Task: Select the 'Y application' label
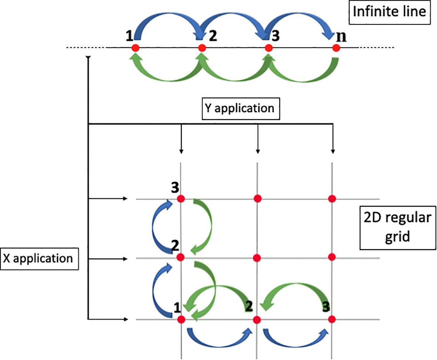click(x=241, y=108)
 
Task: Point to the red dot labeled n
click(x=336, y=48)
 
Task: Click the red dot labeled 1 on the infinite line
click(x=135, y=48)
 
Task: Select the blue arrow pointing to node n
click(x=302, y=20)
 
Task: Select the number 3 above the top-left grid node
click(x=174, y=188)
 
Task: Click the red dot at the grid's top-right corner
click(x=332, y=199)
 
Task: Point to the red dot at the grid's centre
click(x=257, y=257)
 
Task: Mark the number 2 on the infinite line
click(x=214, y=37)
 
